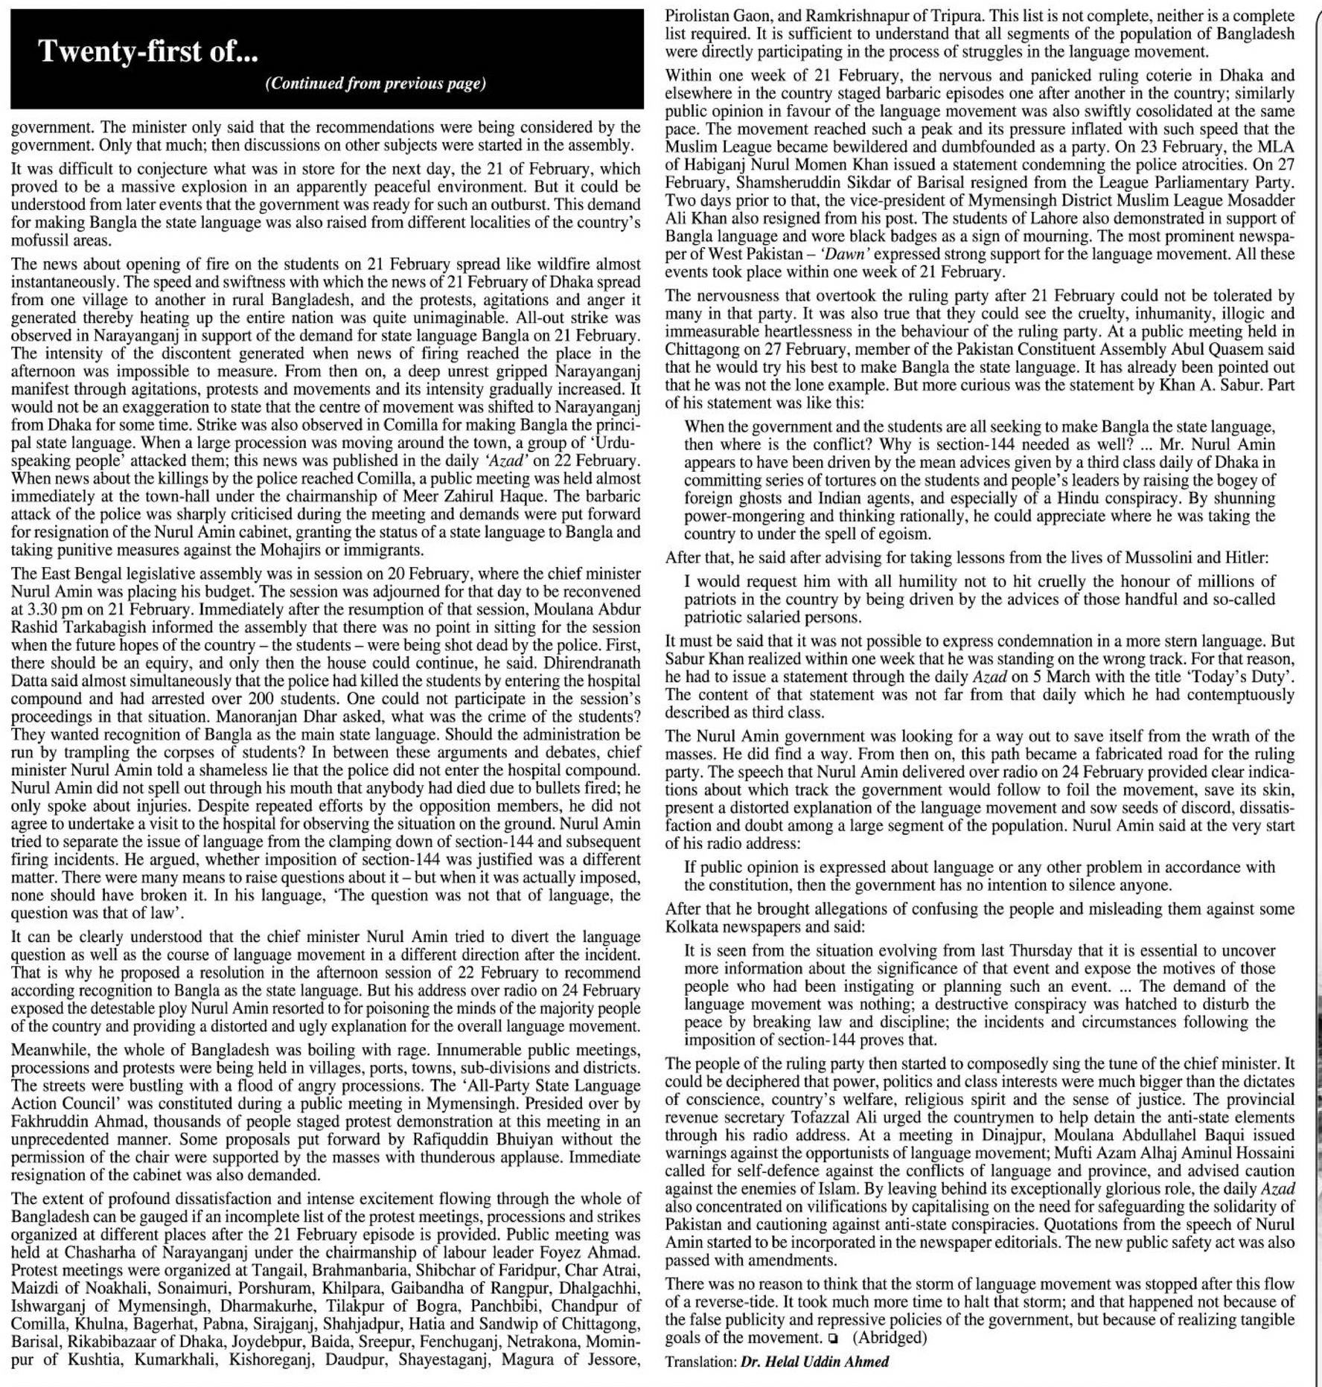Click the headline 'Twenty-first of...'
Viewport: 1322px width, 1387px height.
148,51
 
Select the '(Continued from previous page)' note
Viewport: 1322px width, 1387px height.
375,83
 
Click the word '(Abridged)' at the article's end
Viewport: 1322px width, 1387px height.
890,1337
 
